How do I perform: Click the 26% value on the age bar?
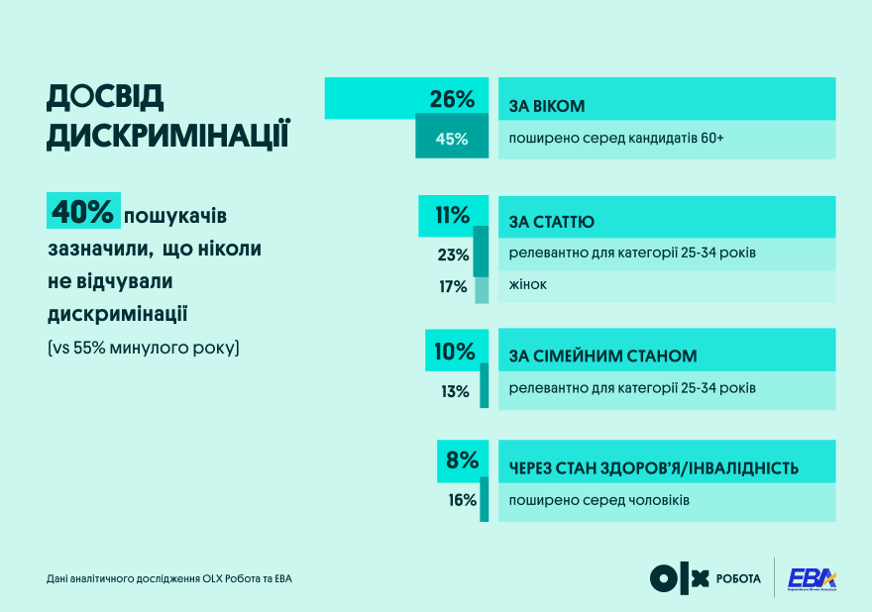(x=452, y=99)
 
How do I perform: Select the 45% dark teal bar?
(x=452, y=139)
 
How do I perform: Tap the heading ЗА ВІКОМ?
(x=547, y=105)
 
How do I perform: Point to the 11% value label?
(x=452, y=215)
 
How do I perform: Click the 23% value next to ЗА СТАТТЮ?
(x=453, y=255)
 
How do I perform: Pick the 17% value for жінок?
(x=453, y=287)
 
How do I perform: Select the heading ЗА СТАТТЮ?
(x=552, y=222)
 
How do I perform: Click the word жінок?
(x=528, y=284)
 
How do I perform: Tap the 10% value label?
(x=454, y=351)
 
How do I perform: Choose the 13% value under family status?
(x=455, y=391)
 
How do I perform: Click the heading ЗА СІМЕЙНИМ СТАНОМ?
(x=602, y=356)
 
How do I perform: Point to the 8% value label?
(x=462, y=459)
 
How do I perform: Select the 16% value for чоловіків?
(x=462, y=500)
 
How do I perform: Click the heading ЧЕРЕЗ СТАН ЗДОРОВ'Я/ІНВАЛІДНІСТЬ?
(x=653, y=467)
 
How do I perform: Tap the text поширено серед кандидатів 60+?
(x=616, y=139)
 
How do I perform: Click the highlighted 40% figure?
(x=83, y=212)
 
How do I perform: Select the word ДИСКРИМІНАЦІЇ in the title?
(x=167, y=136)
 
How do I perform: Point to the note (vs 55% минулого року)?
(x=143, y=349)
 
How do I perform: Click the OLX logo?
(x=680, y=578)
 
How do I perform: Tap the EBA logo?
(x=811, y=578)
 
